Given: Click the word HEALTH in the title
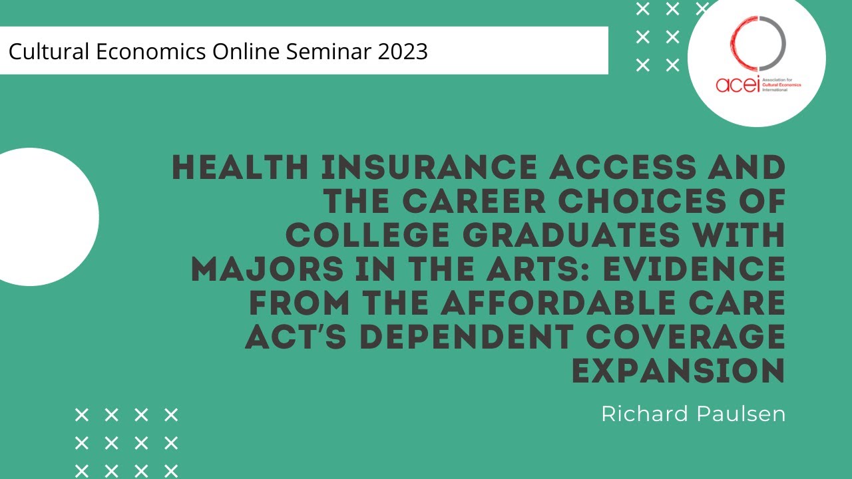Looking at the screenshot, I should (x=240, y=168).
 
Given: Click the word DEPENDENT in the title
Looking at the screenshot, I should (x=473, y=338).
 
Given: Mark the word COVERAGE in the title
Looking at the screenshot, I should (x=686, y=338).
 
